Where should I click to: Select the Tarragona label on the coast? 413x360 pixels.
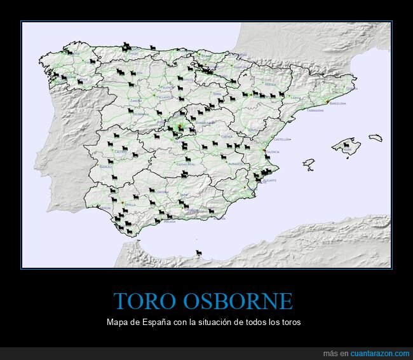point(315,110)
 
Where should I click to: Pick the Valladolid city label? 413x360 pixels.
point(165,98)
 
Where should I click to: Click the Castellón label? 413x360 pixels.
point(281,139)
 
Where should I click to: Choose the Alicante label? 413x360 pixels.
point(269,181)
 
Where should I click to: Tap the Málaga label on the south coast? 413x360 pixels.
point(169,222)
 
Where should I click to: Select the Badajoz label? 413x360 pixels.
point(106,167)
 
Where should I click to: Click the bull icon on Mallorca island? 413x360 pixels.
point(346,146)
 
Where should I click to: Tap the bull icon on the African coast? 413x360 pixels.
point(199,253)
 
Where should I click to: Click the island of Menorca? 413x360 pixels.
point(376,137)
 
